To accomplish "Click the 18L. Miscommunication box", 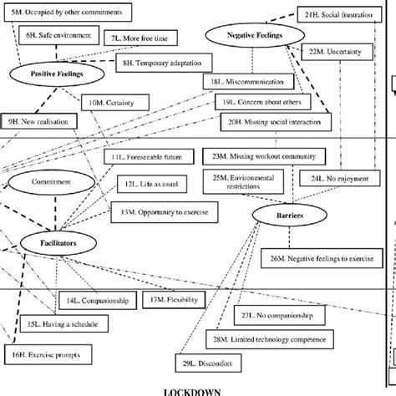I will point(248,83).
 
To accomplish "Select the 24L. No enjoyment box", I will point(342,178).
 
